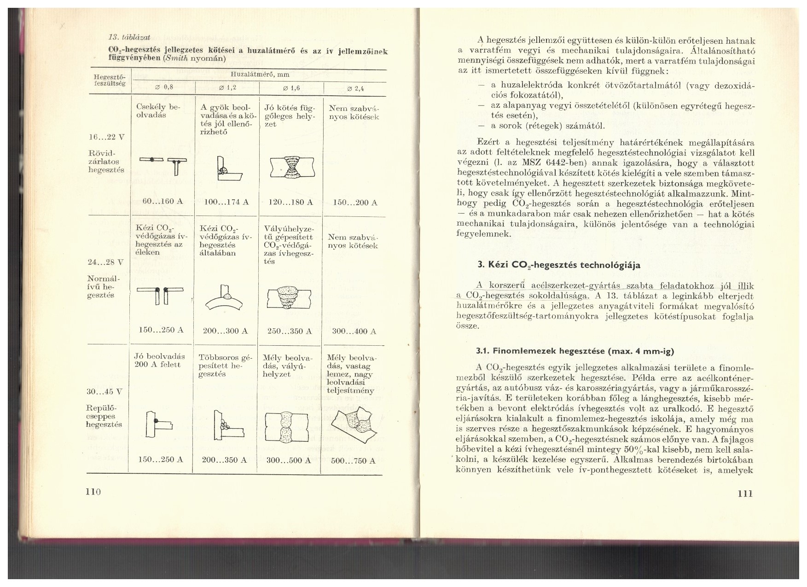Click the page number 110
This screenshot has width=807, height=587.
coord(93,492)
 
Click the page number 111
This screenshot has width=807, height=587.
coord(744,493)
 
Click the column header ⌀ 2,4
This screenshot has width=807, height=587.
coord(355,89)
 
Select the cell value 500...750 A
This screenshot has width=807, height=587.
coord(353,460)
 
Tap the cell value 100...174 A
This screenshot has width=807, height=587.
coord(226,202)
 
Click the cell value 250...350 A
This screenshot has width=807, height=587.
coord(290,331)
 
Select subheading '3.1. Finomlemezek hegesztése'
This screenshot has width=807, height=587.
coord(575,351)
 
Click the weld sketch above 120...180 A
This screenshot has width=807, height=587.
coord(291,167)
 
